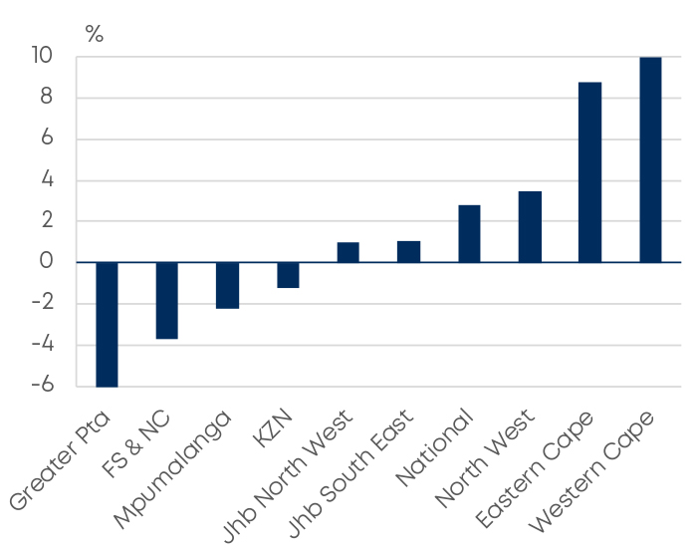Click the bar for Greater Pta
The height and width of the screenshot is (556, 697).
click(x=107, y=324)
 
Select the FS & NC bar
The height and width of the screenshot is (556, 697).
click(x=166, y=300)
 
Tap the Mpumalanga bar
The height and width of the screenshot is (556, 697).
click(x=227, y=285)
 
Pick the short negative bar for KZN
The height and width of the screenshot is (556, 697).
click(x=288, y=275)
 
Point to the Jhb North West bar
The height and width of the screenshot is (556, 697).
click(x=348, y=252)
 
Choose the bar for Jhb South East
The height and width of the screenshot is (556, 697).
click(x=408, y=251)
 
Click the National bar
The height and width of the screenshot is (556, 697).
click(x=469, y=233)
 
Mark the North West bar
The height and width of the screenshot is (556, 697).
click(x=530, y=226)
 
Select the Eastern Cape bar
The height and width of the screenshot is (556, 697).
click(x=589, y=171)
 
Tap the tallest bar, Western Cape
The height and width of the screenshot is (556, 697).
click(x=650, y=159)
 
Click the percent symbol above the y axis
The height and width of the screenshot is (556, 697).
click(x=95, y=34)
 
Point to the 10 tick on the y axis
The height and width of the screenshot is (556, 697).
click(x=41, y=57)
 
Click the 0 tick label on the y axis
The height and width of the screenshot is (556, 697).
click(x=46, y=262)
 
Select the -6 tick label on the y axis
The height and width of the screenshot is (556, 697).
click(x=41, y=386)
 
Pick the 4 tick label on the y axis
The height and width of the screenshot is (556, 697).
click(x=46, y=180)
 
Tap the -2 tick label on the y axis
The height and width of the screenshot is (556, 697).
click(x=41, y=304)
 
